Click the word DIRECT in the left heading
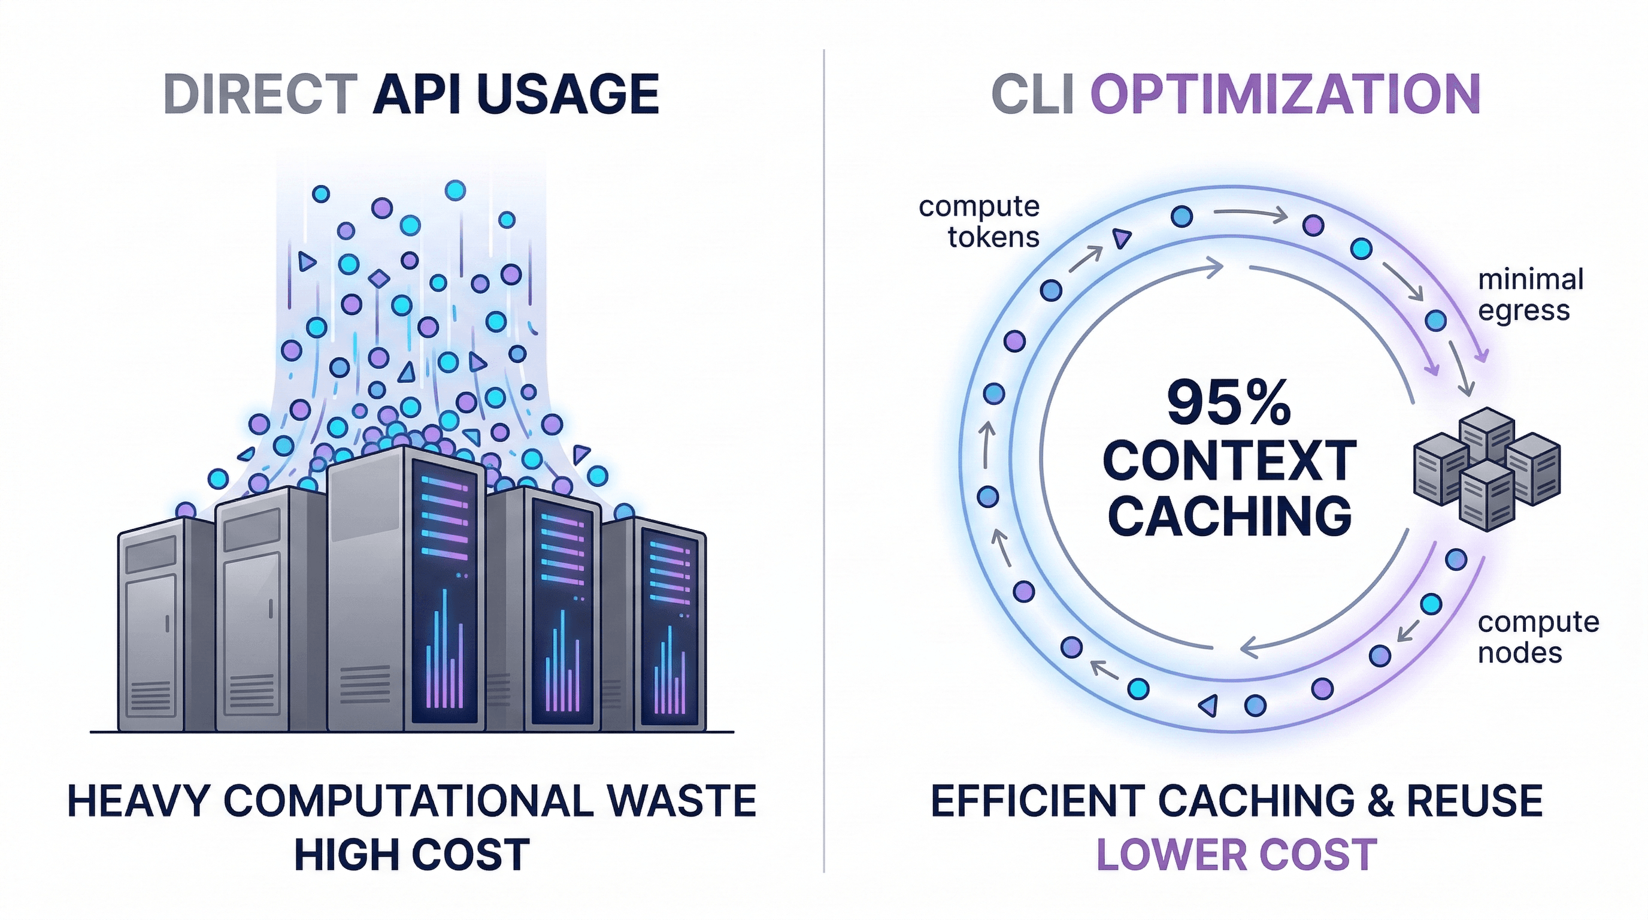click(x=260, y=95)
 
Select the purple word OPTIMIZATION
click(x=1286, y=95)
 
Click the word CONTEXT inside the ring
click(x=1229, y=462)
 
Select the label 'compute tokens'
click(x=980, y=222)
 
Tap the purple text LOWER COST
click(x=1237, y=855)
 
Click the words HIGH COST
click(x=412, y=855)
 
